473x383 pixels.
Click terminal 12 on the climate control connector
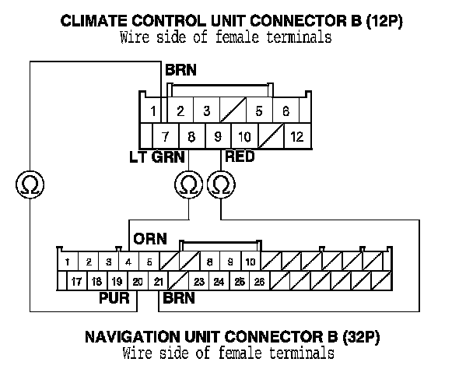tap(296, 137)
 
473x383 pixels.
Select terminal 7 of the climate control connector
tap(165, 137)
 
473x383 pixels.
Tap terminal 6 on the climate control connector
tap(286, 111)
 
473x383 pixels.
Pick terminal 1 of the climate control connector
tap(154, 111)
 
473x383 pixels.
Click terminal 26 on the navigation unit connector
tap(259, 282)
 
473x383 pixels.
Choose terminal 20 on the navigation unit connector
tap(138, 282)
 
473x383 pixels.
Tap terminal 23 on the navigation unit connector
tap(199, 282)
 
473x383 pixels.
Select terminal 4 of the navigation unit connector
tap(128, 262)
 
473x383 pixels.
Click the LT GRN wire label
tap(157, 156)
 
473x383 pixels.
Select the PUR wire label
tap(114, 298)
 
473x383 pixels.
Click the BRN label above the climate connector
tap(180, 70)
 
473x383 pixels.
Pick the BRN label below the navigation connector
tap(178, 298)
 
